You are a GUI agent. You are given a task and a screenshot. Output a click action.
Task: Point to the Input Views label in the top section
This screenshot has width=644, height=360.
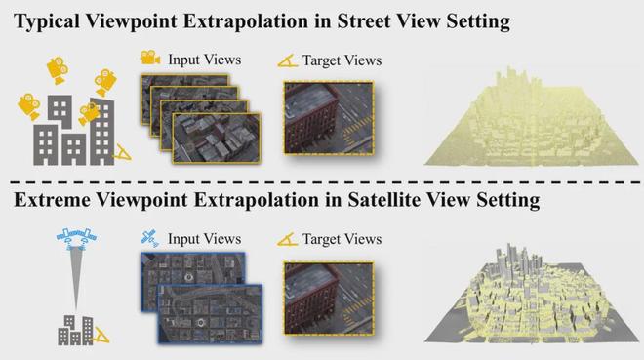tap(203, 60)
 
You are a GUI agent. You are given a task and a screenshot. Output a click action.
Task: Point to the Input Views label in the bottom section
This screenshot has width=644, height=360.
tap(203, 239)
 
